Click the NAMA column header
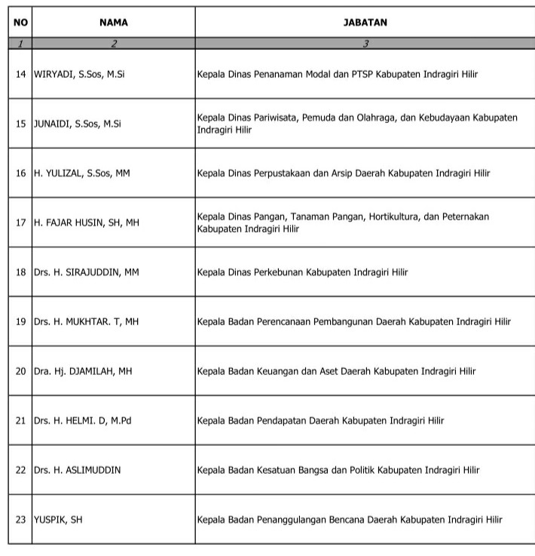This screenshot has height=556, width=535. point(114,23)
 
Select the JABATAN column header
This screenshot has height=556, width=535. point(365,23)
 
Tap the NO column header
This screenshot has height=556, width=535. point(20,23)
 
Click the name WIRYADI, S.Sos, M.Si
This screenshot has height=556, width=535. point(79,75)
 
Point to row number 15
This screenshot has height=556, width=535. point(20,124)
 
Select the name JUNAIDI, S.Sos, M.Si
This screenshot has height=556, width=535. point(78,124)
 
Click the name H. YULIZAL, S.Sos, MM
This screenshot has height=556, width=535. point(82,174)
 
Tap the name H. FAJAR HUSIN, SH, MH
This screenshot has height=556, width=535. point(87,223)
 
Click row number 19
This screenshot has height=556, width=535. point(20,321)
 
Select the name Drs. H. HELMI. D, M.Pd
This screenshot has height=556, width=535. point(83,420)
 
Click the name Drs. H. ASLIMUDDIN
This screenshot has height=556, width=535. point(77,470)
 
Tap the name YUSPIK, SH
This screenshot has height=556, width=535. point(58,519)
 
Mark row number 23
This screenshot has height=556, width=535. point(20,519)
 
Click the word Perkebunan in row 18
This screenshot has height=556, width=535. point(279,272)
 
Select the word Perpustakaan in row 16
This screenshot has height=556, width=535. point(283,174)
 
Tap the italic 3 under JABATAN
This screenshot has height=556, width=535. point(365,43)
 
